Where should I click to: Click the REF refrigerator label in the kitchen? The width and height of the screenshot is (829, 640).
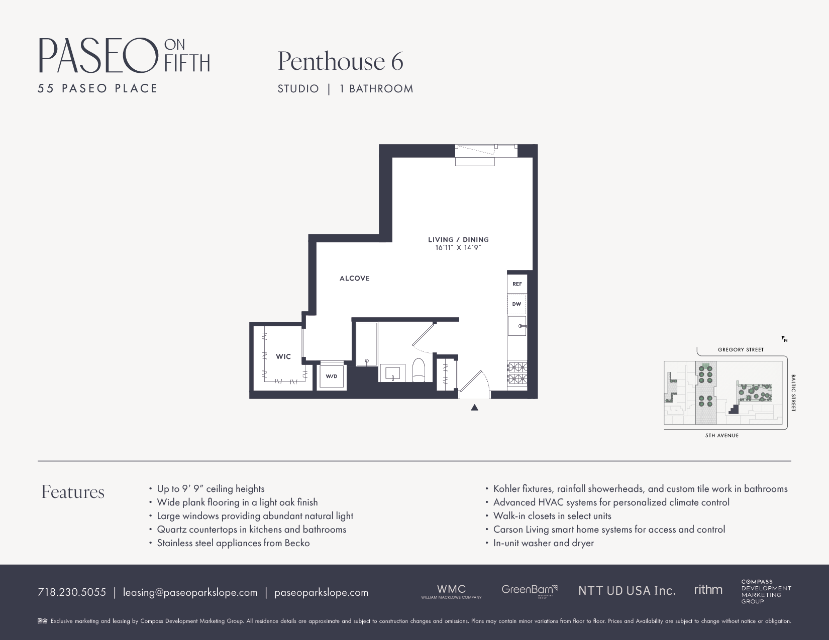pos(517,284)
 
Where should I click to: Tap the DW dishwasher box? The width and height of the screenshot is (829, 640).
pos(516,304)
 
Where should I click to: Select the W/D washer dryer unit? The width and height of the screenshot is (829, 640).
pos(331,376)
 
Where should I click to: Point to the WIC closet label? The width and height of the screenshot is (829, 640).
pos(283,357)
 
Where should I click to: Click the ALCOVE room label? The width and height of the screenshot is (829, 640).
pos(355,279)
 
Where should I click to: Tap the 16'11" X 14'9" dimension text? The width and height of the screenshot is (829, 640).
pos(458,248)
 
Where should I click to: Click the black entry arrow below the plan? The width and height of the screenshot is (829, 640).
pos(474,408)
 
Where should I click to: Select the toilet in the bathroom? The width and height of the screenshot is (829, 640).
pos(419,370)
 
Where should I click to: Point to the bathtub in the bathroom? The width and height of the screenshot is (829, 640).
pos(366,344)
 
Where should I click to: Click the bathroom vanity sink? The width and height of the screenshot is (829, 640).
pos(393,373)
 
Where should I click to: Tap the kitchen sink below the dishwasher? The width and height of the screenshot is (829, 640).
pos(517,326)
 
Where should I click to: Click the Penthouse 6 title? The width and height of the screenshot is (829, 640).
pos(340,61)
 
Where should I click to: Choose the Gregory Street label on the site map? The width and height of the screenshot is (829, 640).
pos(741,350)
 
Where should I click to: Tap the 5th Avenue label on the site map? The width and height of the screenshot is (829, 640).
pos(721,436)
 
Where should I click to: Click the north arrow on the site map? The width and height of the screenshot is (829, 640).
pos(784,339)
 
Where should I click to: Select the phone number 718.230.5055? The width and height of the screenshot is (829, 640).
pos(72,592)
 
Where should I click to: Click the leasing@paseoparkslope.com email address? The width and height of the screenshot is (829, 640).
pos(190,592)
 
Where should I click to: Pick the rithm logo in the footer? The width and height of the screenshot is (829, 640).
pos(708,590)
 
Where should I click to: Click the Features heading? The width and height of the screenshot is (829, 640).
pos(73,492)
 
